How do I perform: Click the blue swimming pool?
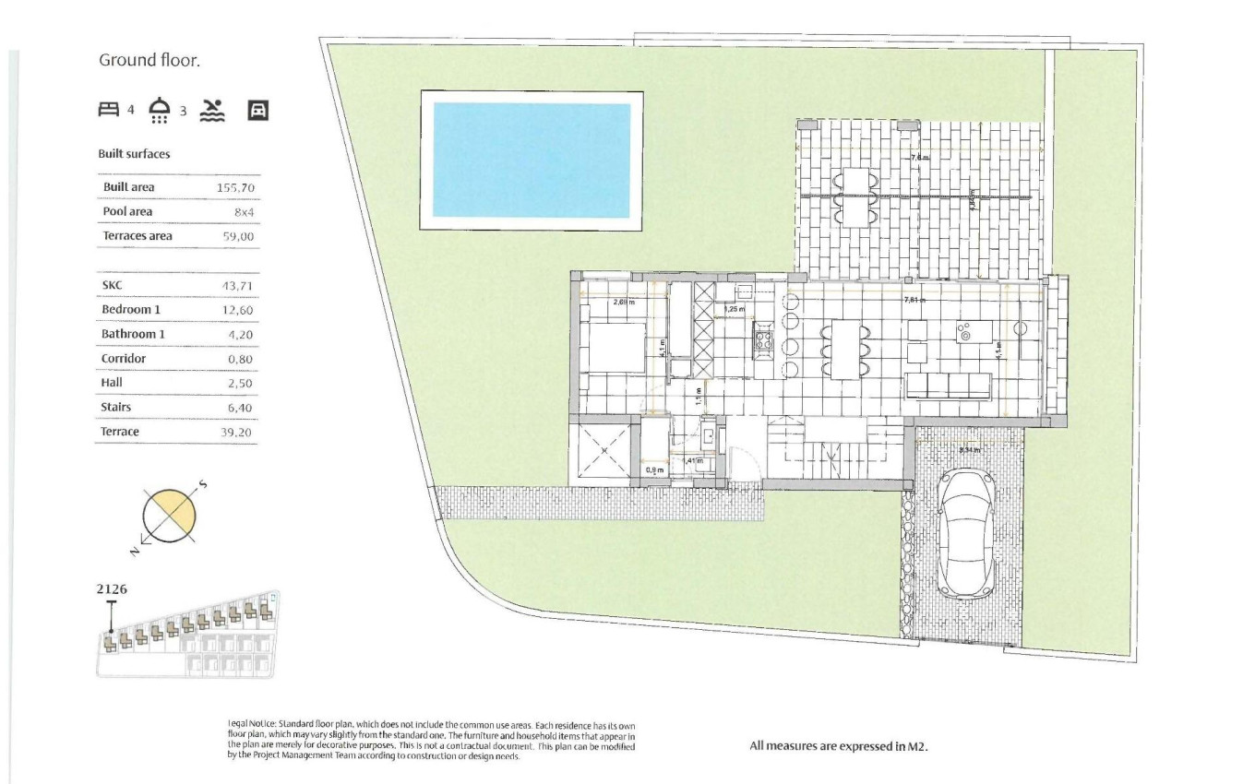tap(532, 160)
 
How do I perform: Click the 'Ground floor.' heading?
tap(149, 61)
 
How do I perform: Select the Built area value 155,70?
tap(235, 188)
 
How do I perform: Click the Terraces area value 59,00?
tap(236, 237)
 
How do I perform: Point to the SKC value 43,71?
tap(237, 286)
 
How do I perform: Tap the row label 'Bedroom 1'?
tap(131, 310)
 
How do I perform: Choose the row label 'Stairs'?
tap(116, 407)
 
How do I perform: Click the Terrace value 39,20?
tap(236, 432)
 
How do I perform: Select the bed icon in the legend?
tap(109, 111)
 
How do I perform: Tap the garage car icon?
tap(258, 111)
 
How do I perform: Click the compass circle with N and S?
tap(170, 514)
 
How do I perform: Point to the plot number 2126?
tap(111, 588)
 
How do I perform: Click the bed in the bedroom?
tap(614, 347)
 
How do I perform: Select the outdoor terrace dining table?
tap(858, 196)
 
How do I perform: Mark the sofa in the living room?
tap(948, 386)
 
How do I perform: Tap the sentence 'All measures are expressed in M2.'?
tap(838, 746)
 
